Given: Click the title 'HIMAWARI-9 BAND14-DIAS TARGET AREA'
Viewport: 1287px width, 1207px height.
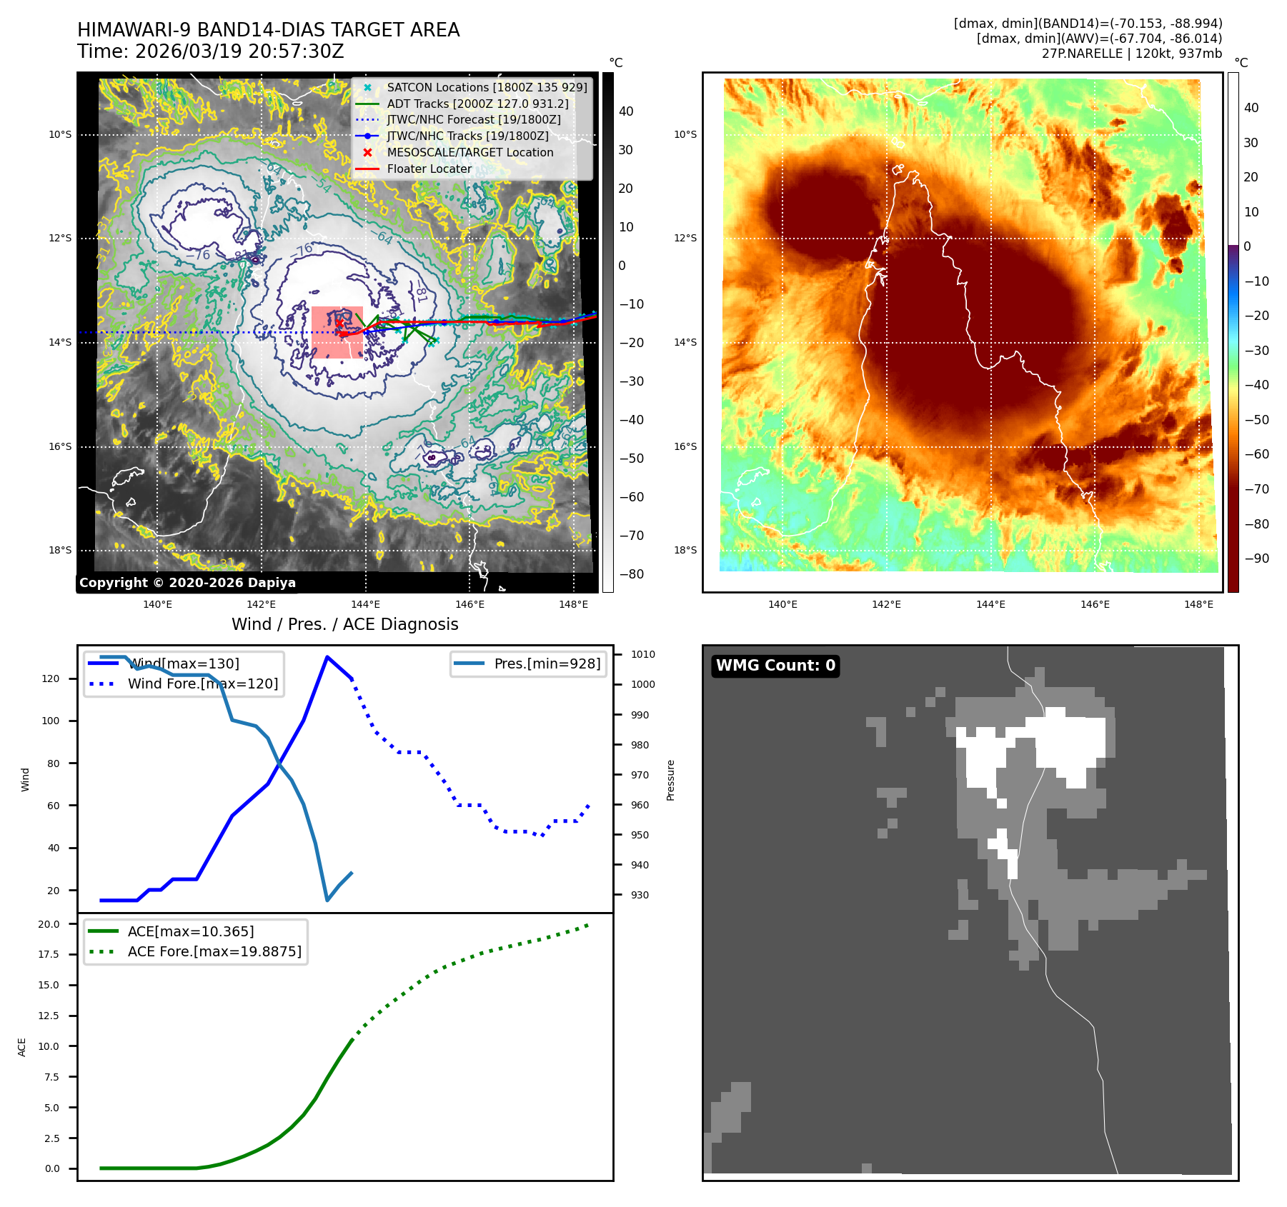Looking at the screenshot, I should pos(268,30).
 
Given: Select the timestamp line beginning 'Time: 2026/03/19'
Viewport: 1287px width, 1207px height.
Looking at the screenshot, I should pos(211,51).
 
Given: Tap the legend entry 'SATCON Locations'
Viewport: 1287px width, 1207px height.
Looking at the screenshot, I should pos(487,87).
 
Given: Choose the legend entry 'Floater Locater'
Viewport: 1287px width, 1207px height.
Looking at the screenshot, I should pos(429,169).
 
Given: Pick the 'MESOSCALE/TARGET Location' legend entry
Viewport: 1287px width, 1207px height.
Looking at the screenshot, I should pos(469,152).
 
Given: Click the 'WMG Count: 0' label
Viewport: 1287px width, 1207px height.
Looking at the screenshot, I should pos(775,666).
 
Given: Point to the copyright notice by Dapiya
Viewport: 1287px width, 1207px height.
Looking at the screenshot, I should pos(187,583).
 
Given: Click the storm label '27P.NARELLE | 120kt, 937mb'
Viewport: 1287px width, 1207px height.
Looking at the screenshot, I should pos(1131,54).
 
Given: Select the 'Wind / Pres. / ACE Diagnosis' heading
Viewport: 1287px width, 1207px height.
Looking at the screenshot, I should pos(344,624).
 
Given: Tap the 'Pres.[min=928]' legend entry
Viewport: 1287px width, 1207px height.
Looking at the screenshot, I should pos(547,663).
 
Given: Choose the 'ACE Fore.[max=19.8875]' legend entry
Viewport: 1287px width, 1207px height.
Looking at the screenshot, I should pos(214,951).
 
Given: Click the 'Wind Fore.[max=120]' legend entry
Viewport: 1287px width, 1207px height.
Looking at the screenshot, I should pos(202,683).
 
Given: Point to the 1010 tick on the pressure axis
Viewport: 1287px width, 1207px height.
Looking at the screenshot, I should pos(642,654).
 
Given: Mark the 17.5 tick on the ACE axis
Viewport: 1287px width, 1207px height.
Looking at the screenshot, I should pos(49,954).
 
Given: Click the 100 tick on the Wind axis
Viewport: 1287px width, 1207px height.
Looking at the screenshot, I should pos(51,721).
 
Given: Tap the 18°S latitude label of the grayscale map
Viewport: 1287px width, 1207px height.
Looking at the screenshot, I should pos(60,550).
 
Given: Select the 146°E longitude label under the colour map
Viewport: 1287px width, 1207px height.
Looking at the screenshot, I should pos(1095,604).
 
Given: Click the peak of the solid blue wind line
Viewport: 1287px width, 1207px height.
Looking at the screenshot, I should pos(327,657).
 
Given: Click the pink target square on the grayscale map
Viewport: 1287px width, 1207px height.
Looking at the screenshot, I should pos(337,333).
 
